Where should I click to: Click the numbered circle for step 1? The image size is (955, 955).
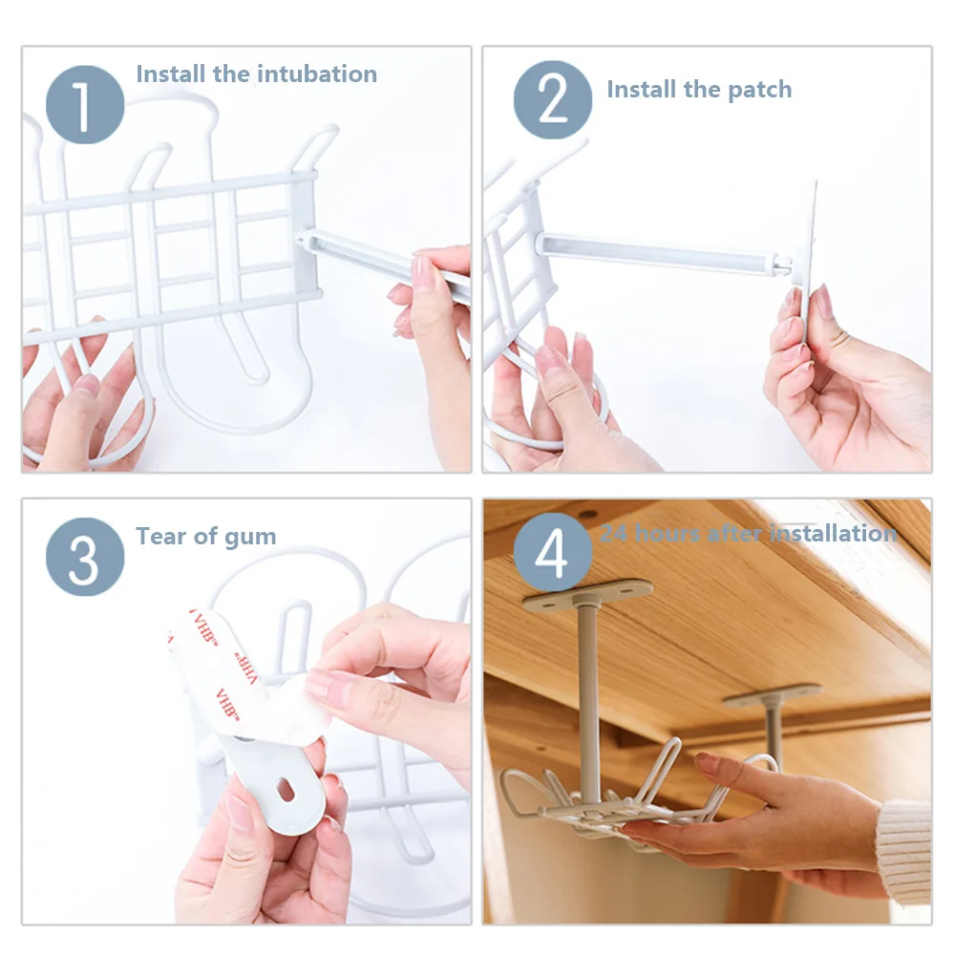coord(85,105)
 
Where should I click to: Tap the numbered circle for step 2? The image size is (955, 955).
coord(552,100)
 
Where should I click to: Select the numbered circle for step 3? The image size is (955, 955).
coord(85,557)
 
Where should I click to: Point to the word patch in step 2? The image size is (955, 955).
coord(760,90)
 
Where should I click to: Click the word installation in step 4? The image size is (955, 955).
coord(833,534)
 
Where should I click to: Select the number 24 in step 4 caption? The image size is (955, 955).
coord(613,534)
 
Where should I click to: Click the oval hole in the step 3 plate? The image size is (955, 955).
coord(285,790)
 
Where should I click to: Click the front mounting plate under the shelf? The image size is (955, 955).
coord(587,593)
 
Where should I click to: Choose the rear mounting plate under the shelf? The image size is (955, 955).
coord(773,694)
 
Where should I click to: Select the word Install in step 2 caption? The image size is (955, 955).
coord(642,89)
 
